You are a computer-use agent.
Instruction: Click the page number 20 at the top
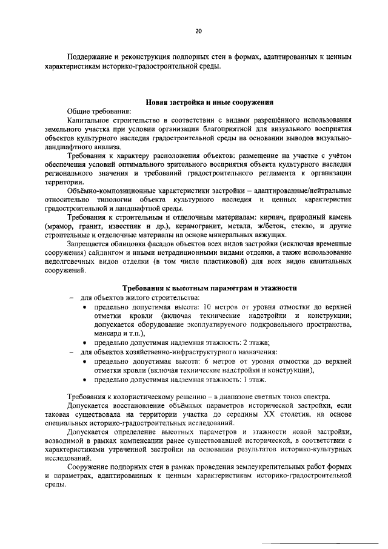(x=199, y=30)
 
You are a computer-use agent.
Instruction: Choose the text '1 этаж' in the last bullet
(x=256, y=380)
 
